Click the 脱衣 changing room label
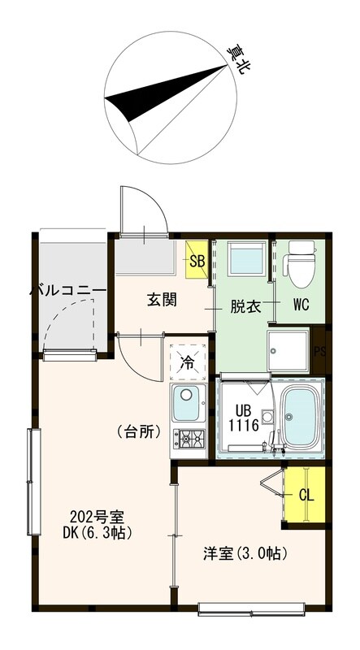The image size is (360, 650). click(245, 306)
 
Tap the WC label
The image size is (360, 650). click(301, 306)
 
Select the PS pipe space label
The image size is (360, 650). click(319, 351)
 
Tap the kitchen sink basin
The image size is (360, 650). click(188, 401)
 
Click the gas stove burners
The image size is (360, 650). click(189, 440)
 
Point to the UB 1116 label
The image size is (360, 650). click(242, 417)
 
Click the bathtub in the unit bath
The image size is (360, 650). click(301, 416)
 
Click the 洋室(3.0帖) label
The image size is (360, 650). click(243, 555)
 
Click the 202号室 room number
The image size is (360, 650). click(96, 515)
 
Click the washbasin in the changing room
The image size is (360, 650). click(243, 260)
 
